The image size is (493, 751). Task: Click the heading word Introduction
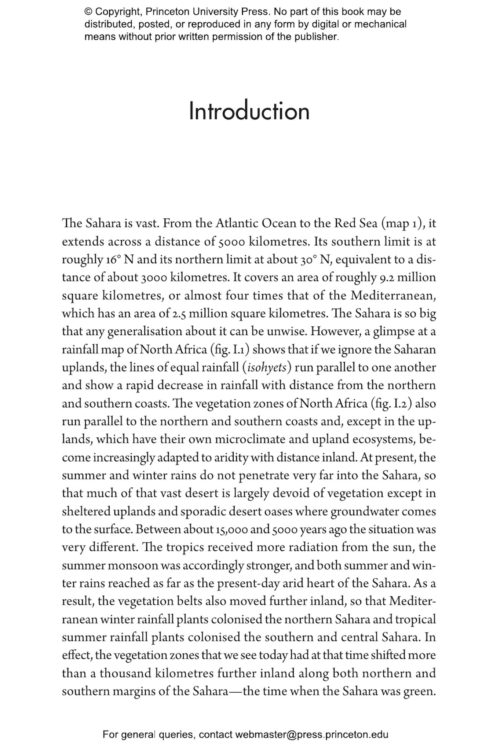pos(249,111)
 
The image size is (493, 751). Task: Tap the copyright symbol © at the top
pos(88,12)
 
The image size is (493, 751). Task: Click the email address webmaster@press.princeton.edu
pos(311,734)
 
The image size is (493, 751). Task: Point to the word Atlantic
pos(237,223)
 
